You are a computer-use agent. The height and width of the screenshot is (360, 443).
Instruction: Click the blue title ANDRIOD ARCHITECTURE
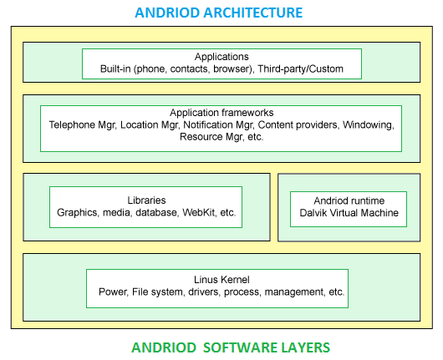pos(219,13)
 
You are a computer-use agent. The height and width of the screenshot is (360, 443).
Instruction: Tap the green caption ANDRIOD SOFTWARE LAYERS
pos(231,347)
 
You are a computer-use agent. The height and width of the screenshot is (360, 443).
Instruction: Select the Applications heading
pos(221,57)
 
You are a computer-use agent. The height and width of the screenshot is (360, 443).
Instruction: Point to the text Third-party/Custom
pos(300,68)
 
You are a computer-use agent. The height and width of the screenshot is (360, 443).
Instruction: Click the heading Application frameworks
pos(221,113)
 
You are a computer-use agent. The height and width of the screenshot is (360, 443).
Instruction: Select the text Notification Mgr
pos(218,124)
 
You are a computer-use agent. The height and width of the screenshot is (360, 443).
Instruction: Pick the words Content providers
pos(298,124)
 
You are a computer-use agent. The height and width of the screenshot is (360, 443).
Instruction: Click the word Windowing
pos(368,124)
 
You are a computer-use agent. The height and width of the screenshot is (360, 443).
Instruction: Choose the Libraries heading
pos(146,200)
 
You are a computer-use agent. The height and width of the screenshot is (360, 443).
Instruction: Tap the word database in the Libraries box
pos(156,212)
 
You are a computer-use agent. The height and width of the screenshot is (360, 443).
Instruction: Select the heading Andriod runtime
pos(349,200)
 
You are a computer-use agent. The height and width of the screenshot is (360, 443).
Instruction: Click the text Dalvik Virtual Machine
pos(349,213)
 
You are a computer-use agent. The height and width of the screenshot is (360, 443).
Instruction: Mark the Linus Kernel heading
pos(221,280)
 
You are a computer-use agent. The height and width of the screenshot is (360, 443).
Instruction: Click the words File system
pos(157,292)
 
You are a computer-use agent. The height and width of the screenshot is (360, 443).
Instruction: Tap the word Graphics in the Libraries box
pos(77,212)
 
